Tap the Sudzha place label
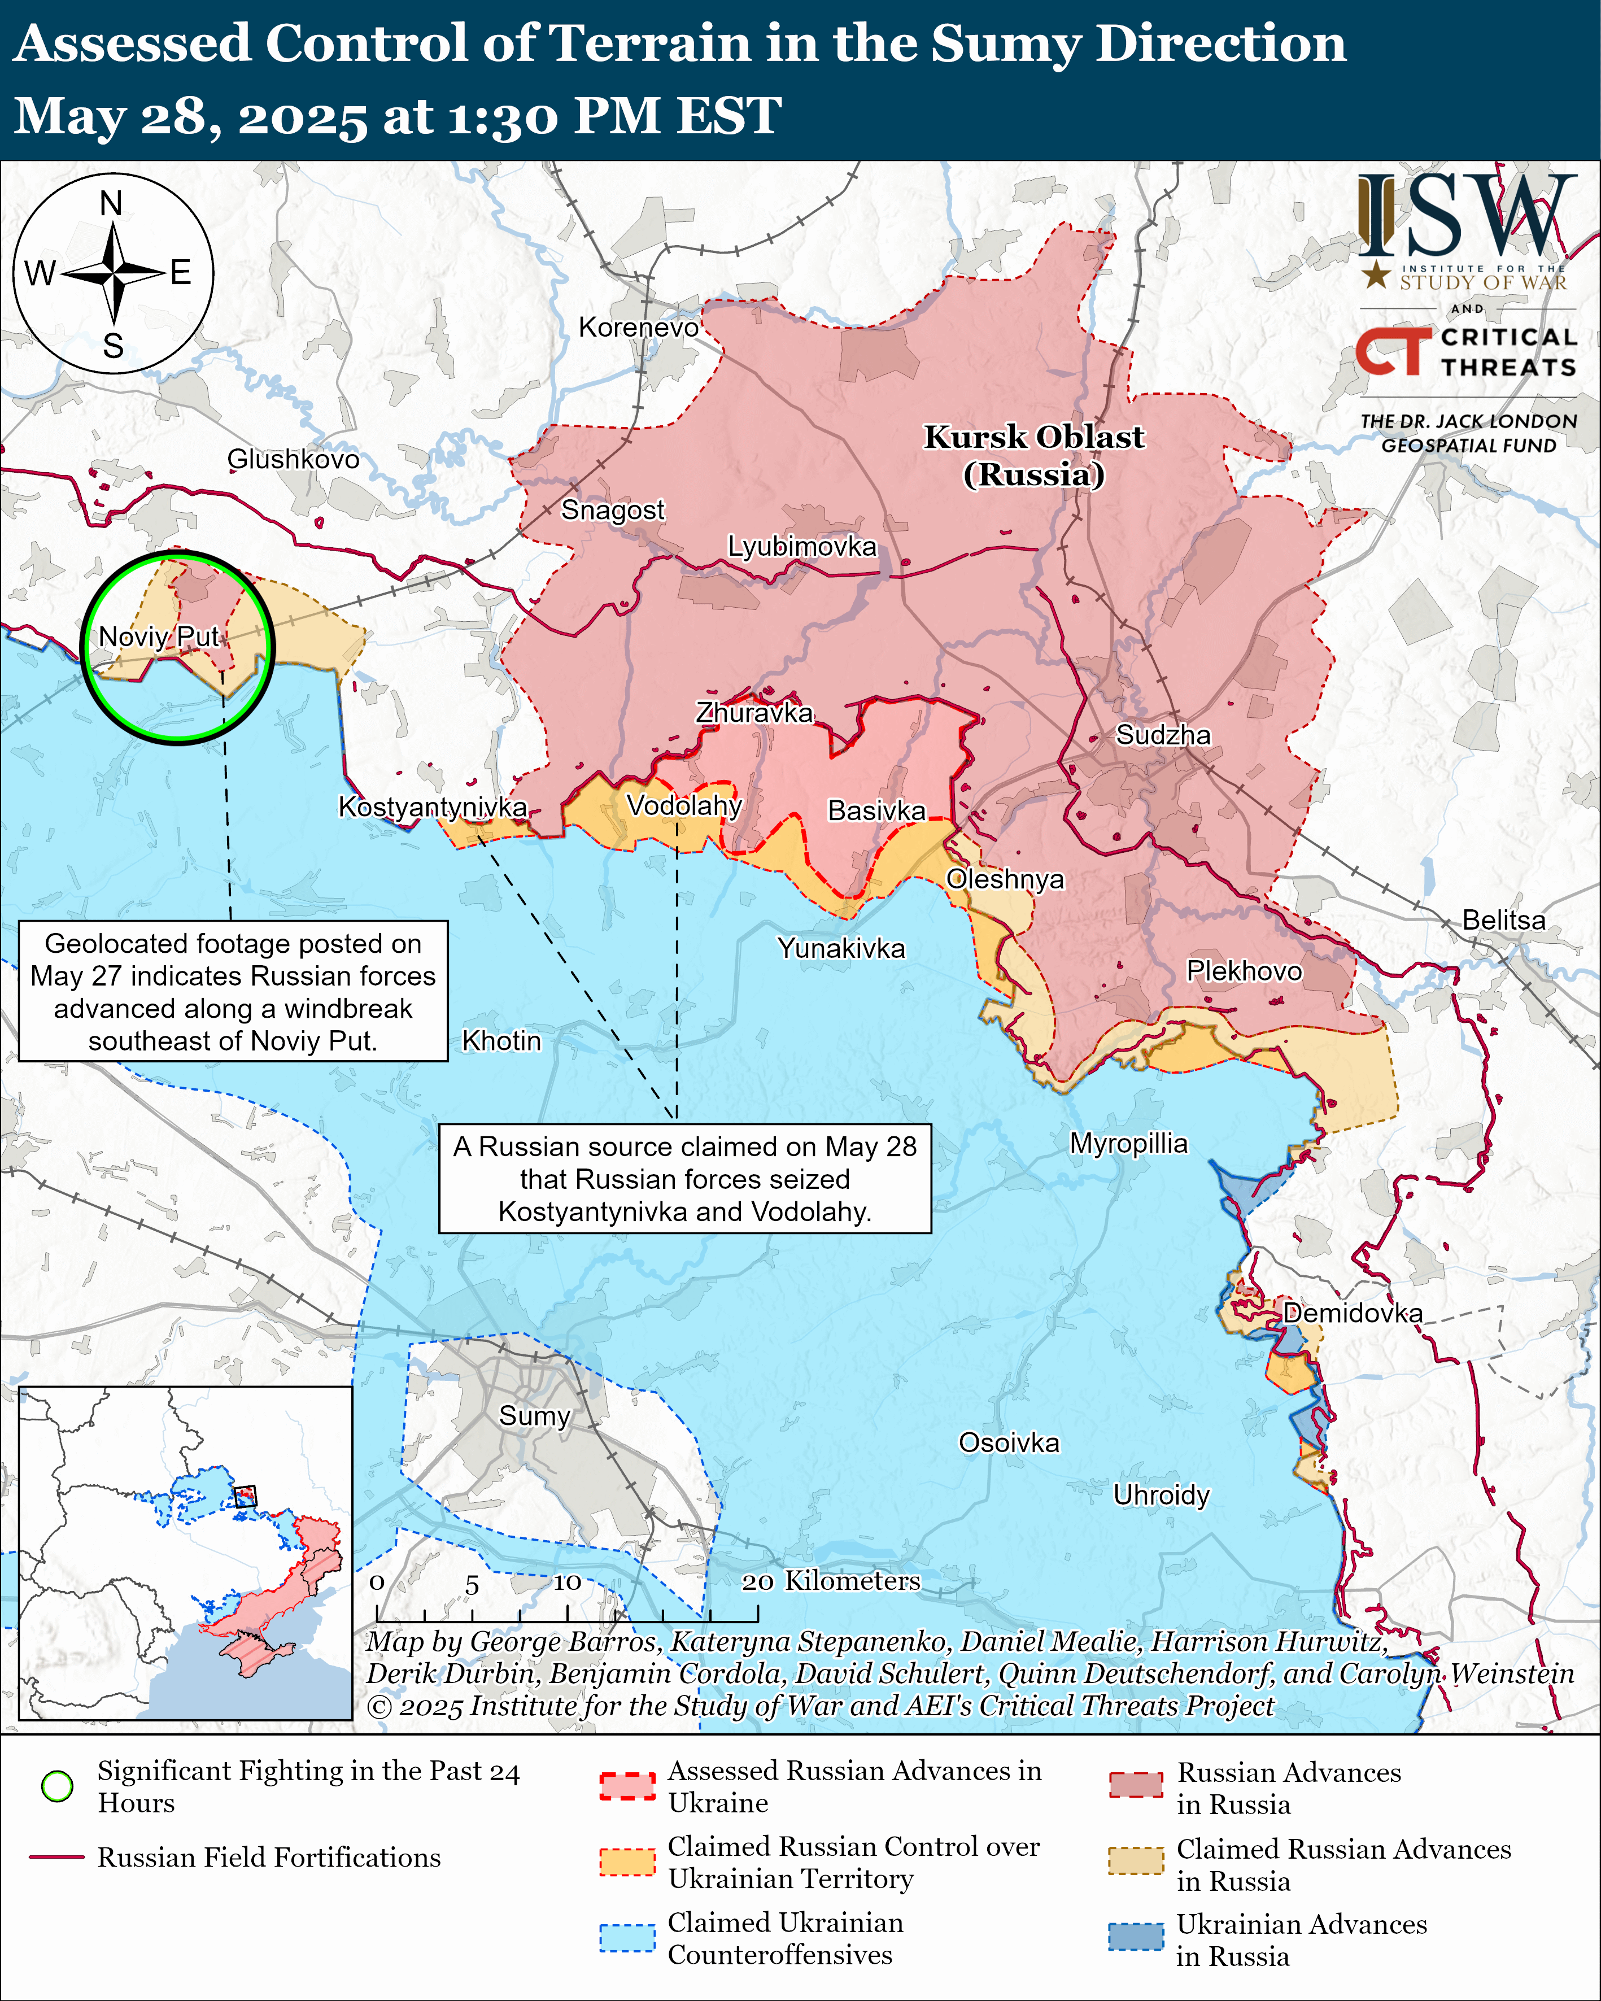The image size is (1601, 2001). click(1162, 735)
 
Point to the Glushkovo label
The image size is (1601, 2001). click(293, 459)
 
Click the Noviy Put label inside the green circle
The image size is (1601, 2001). click(160, 637)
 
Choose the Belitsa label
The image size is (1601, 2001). click(1503, 920)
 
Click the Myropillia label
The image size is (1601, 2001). click(1128, 1143)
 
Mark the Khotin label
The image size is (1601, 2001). click(501, 1040)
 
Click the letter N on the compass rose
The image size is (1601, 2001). click(111, 203)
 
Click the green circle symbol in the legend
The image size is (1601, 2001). click(58, 1786)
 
